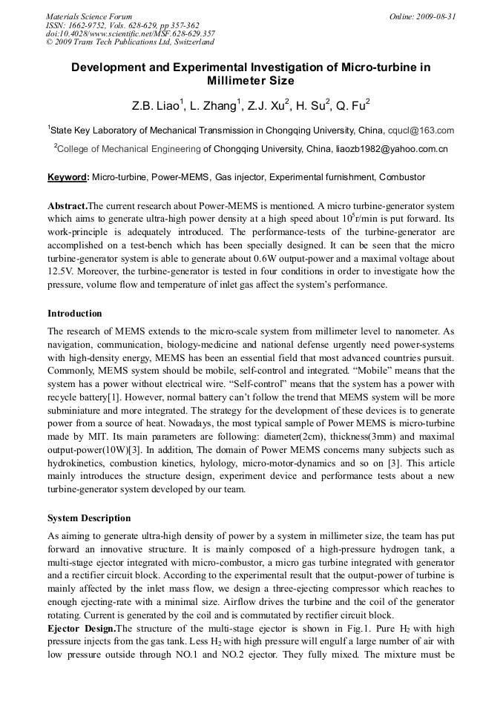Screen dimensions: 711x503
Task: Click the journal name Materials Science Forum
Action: coord(89,16)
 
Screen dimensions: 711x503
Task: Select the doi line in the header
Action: coord(131,33)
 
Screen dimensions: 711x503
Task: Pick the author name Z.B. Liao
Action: coord(154,105)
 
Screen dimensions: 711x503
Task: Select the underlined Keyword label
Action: coord(68,178)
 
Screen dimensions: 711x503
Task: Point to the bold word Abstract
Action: coord(68,205)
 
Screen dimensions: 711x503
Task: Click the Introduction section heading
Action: coord(75,314)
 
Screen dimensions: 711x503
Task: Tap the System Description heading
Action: coord(89,518)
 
